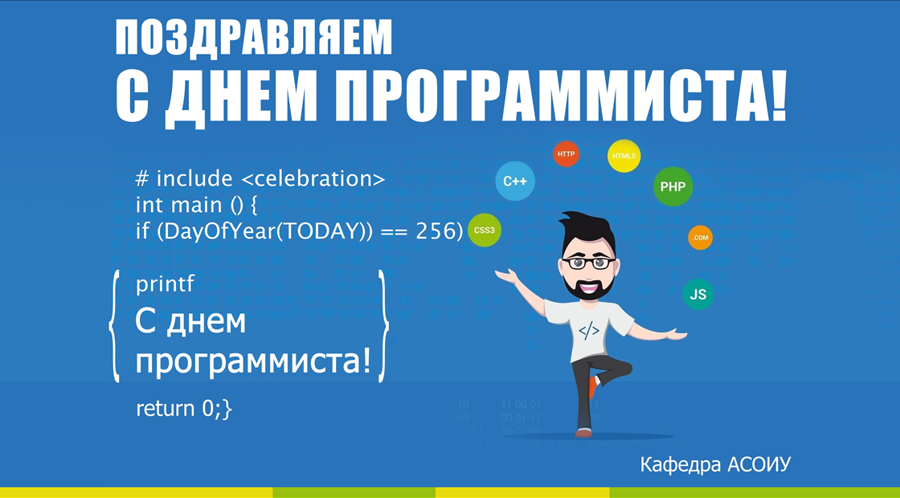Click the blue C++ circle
[x=515, y=182]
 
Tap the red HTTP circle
[x=566, y=153]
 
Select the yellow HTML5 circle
[x=624, y=156]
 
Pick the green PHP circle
[x=673, y=186]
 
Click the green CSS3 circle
[x=485, y=231]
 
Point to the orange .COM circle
[x=700, y=238]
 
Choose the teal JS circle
[x=698, y=294]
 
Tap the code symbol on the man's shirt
[x=589, y=330]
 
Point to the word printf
[x=166, y=284]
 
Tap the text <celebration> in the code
[x=313, y=179]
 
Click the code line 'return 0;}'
[x=184, y=409]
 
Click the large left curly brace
[x=115, y=326]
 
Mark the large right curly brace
[x=382, y=326]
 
